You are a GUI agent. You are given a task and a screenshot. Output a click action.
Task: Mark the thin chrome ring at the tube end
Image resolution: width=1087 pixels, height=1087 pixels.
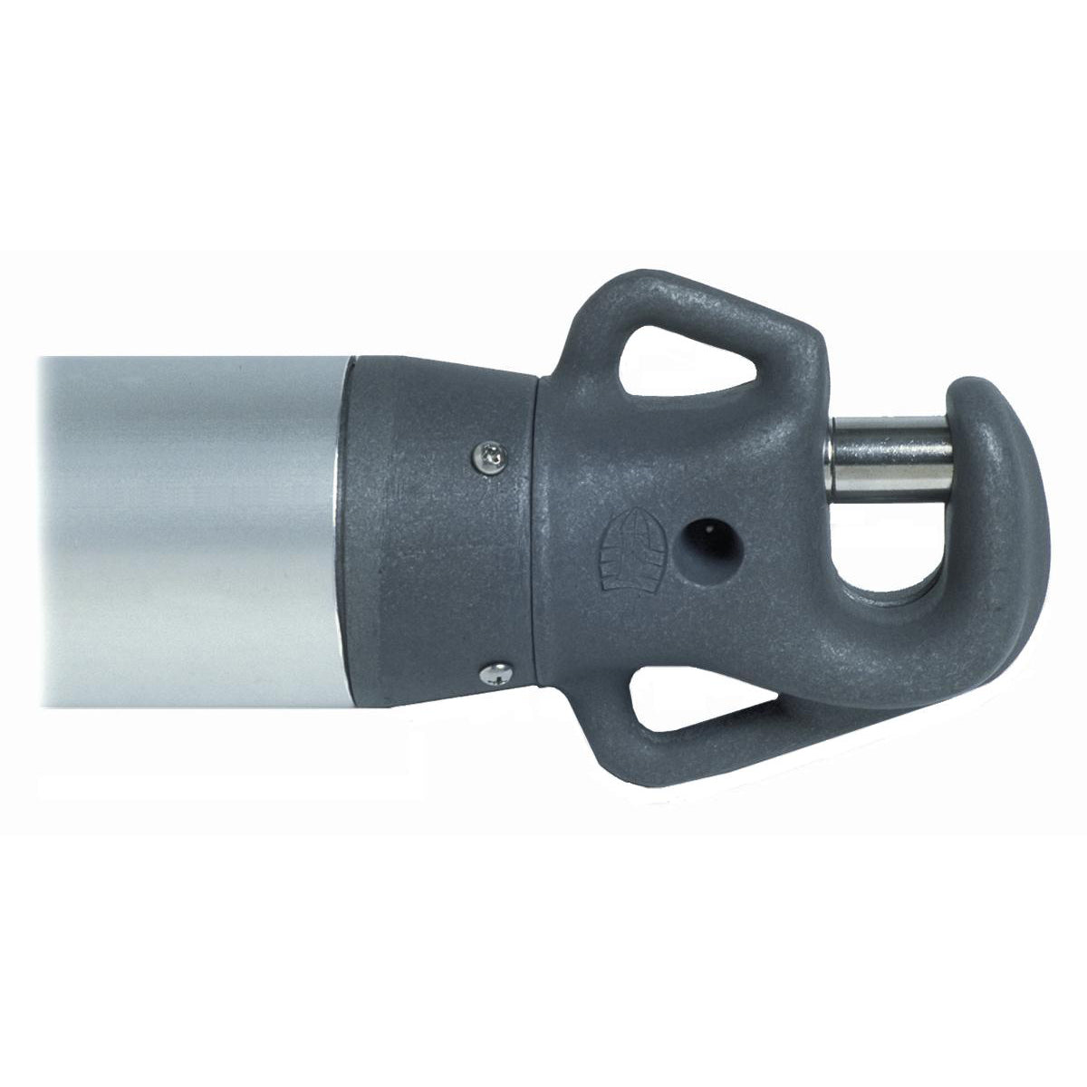pyautogui.click(x=342, y=543)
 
